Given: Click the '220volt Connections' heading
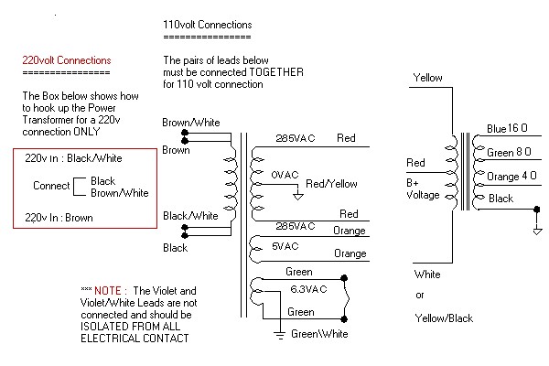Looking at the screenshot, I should click(67, 60).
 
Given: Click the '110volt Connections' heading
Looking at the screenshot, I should click(207, 24).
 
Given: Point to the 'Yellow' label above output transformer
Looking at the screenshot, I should click(428, 79).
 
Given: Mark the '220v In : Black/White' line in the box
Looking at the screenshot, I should click(73, 158).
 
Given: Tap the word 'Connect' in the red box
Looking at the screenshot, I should click(51, 186).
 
